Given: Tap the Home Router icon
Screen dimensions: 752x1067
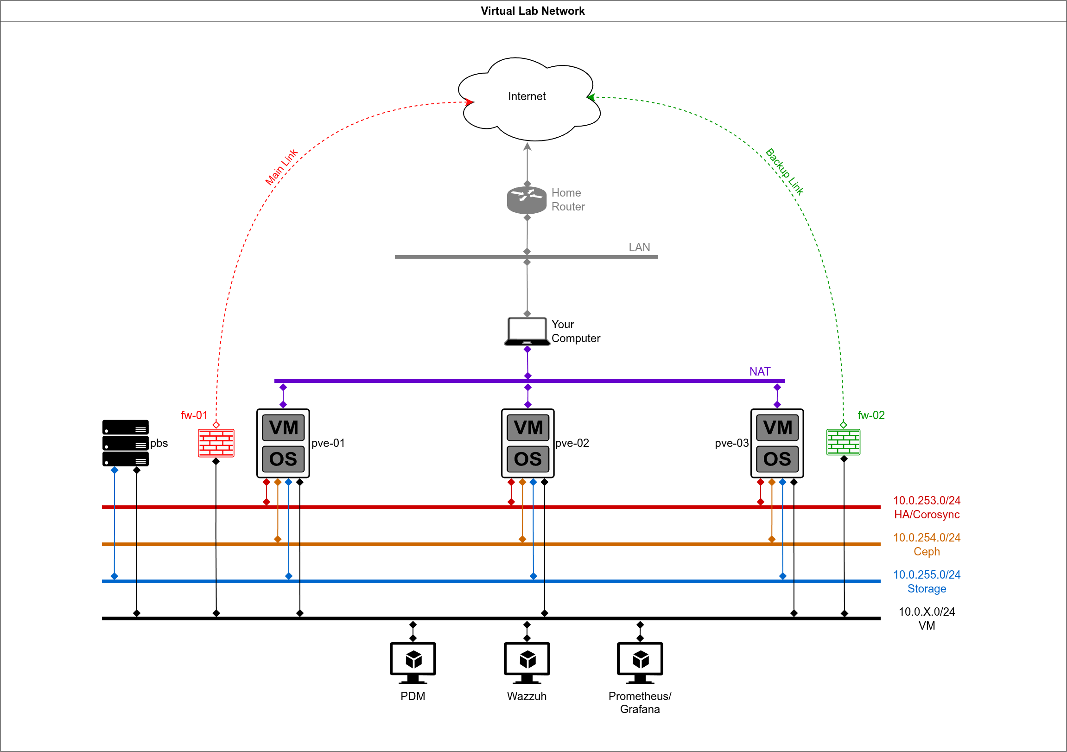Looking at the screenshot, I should (527, 200).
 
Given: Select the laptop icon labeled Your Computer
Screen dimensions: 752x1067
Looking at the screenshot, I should (527, 331).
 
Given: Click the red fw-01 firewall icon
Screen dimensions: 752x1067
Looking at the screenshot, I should (216, 443).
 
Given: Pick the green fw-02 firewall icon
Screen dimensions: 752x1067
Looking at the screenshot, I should (843, 442).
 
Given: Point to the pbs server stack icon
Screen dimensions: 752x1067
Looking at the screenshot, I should (125, 443).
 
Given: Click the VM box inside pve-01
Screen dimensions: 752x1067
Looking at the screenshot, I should (283, 427).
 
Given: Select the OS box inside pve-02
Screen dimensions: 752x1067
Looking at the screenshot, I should (527, 459).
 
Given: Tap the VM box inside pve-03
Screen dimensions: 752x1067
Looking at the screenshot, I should (777, 427).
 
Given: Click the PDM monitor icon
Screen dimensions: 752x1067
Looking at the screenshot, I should (413, 663).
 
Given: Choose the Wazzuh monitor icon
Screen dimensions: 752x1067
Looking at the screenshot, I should (527, 663).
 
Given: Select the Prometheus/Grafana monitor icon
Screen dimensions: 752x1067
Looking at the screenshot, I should (640, 663).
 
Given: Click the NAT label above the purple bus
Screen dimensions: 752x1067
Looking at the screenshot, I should (760, 371).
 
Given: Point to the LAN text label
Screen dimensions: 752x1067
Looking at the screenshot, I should (639, 247).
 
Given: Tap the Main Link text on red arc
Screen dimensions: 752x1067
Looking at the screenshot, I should (281, 167).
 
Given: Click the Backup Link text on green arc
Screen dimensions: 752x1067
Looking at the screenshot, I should (784, 171).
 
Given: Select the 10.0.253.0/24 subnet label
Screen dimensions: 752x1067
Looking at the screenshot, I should (926, 501).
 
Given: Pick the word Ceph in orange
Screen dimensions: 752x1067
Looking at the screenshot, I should (926, 552).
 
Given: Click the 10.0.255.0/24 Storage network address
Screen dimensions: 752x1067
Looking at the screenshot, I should (926, 575).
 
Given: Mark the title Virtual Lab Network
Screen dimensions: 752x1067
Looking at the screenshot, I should (533, 11).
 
